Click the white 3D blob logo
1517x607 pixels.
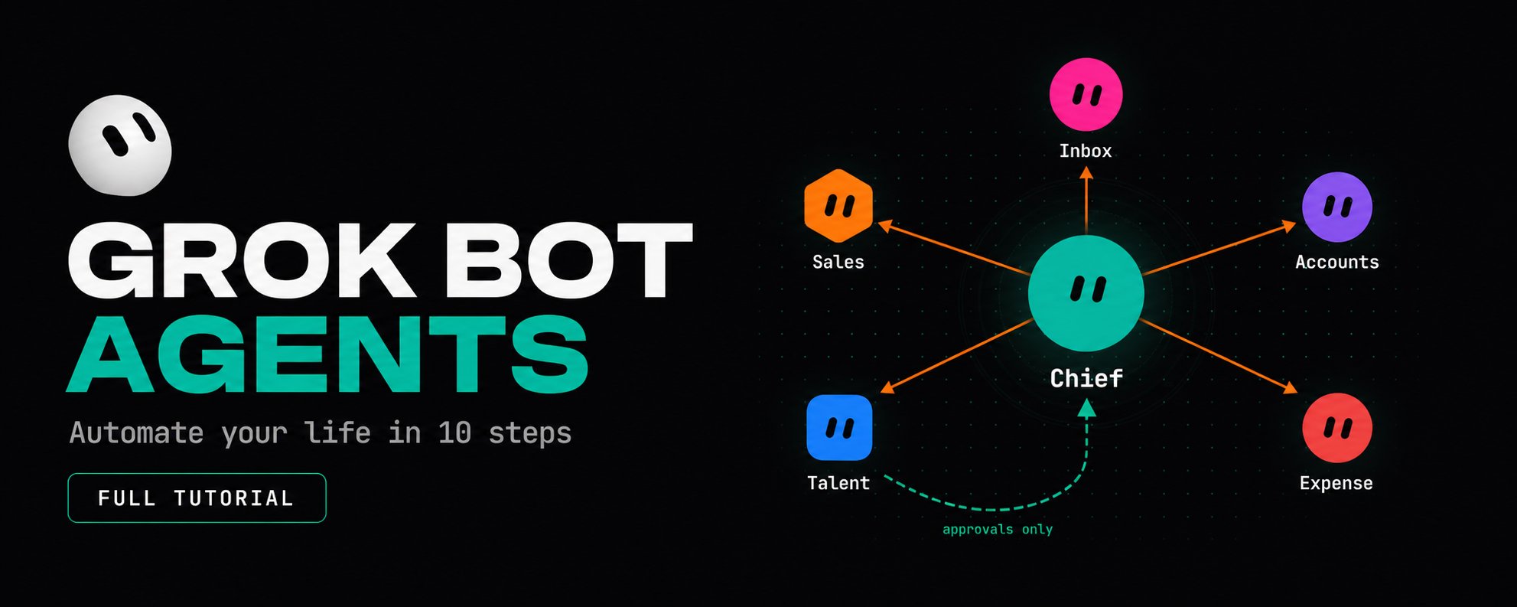(120, 145)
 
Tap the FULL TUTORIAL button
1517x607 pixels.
(197, 498)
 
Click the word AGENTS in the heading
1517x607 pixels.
(327, 354)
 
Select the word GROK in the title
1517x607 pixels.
(241, 260)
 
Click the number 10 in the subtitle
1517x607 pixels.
(454, 433)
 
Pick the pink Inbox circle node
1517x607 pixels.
(1086, 94)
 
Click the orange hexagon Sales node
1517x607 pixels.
(838, 206)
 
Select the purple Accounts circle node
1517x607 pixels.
(1337, 207)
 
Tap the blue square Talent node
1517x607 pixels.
(839, 428)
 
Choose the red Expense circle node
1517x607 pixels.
(1337, 428)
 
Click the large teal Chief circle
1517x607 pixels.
(1086, 293)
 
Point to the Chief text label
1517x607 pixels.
(1086, 378)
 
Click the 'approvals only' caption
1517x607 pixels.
(998, 529)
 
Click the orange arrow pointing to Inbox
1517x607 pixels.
(1086, 201)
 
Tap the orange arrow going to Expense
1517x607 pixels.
(1219, 357)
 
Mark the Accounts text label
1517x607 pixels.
(1337, 262)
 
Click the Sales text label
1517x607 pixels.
(838, 262)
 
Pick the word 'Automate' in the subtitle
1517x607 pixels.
(136, 433)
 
